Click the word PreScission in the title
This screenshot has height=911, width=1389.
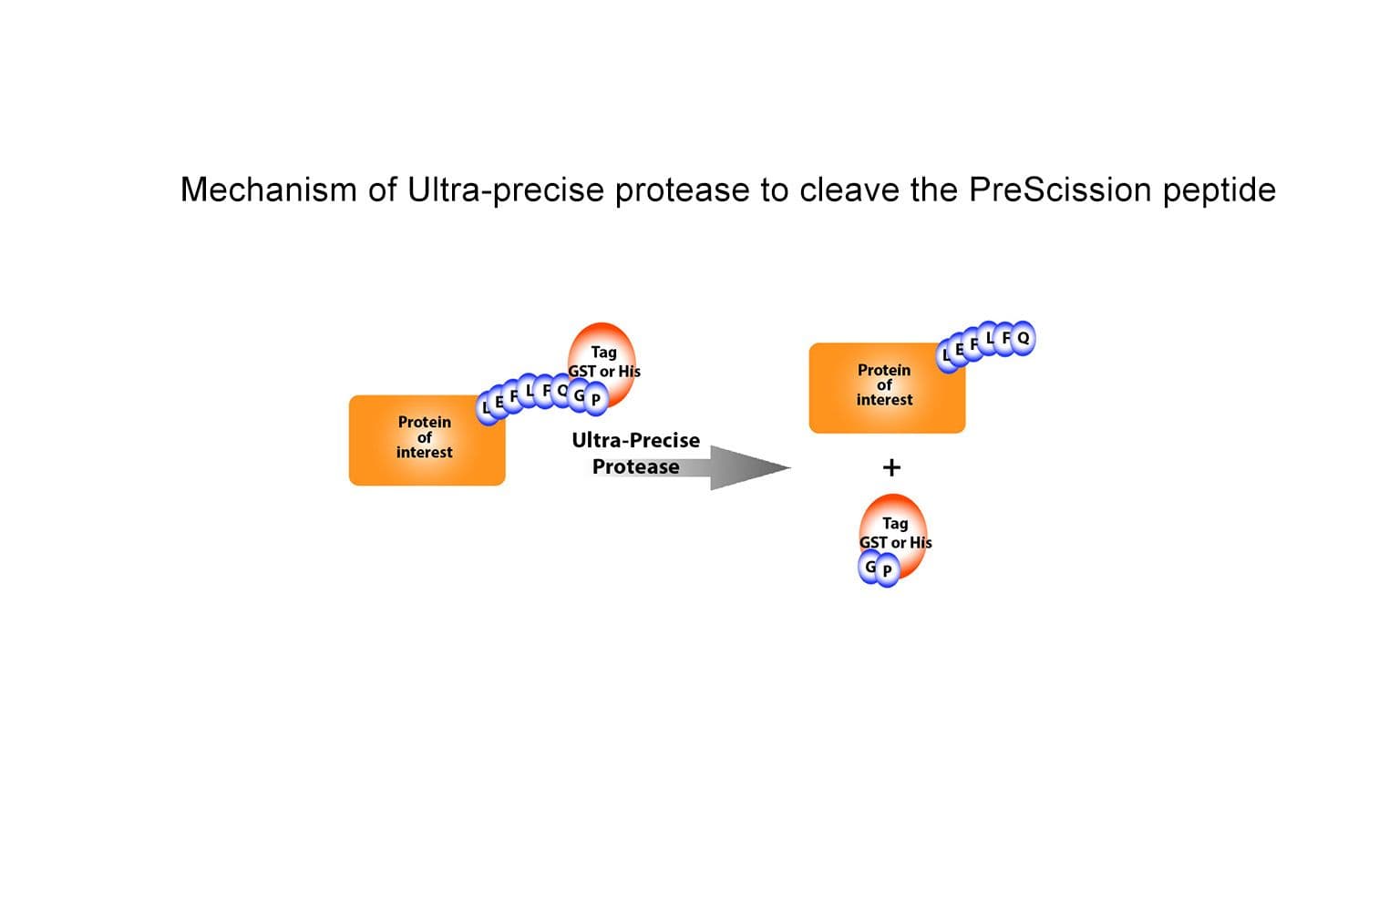[1060, 189]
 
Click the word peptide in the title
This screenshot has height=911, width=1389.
[1219, 191]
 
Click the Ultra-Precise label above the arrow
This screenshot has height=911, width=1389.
[635, 440]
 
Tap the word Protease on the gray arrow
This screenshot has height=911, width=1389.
[635, 466]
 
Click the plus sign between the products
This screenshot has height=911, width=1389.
[891, 467]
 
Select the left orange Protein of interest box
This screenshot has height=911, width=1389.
[427, 440]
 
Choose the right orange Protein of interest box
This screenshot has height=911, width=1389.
[886, 388]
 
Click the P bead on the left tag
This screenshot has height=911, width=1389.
[595, 399]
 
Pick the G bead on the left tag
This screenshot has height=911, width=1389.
[579, 395]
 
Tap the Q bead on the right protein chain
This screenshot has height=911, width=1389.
[1023, 338]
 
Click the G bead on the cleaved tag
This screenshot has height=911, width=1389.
[870, 568]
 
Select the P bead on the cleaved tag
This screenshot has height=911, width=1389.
[887, 571]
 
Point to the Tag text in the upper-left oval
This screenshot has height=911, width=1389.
[603, 352]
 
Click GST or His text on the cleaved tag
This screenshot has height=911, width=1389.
[895, 542]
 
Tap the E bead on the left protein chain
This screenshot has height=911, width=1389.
[499, 401]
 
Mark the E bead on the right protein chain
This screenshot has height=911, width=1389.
[959, 350]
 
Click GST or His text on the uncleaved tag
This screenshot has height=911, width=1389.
[603, 371]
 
